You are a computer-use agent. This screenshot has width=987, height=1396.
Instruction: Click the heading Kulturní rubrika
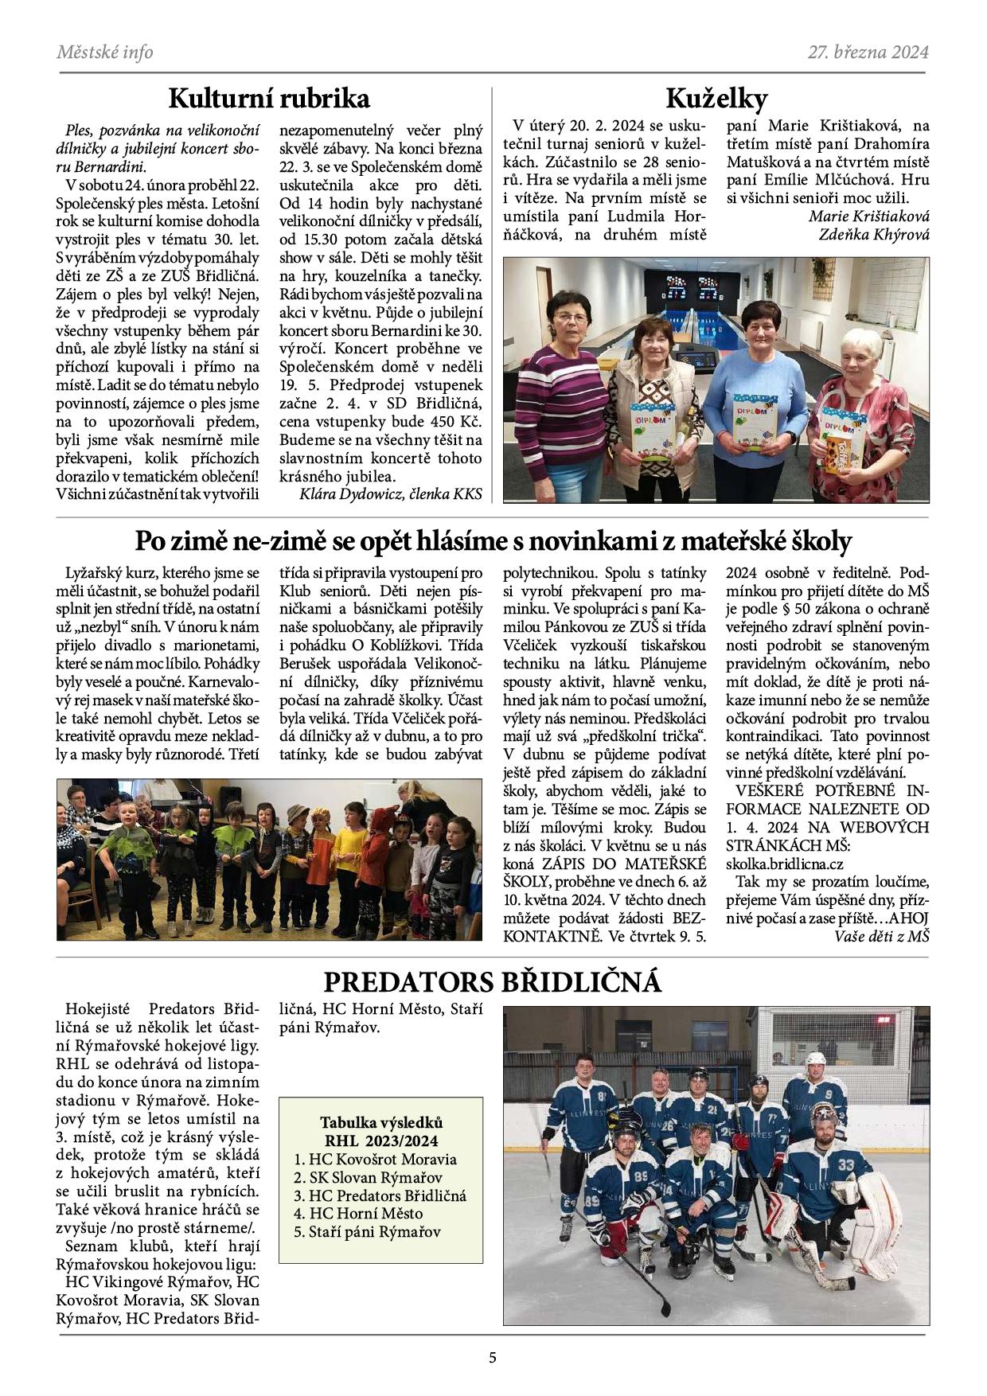click(x=269, y=99)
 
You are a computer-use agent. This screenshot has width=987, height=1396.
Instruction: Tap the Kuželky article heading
click(x=716, y=99)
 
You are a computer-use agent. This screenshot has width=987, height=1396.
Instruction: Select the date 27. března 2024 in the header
click(x=868, y=53)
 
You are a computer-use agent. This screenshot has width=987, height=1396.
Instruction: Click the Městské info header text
click(x=105, y=53)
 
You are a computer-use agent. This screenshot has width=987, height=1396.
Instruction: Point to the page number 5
click(x=493, y=1358)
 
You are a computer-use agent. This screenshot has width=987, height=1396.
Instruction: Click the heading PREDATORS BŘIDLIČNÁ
click(x=492, y=982)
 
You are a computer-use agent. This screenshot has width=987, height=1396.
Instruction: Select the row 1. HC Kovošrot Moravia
click(x=375, y=1159)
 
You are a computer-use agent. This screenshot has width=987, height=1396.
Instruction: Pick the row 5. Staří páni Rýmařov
click(x=367, y=1232)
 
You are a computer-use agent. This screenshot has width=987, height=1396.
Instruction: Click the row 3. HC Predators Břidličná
click(x=380, y=1195)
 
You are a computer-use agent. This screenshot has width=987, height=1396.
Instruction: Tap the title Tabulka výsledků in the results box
click(x=380, y=1123)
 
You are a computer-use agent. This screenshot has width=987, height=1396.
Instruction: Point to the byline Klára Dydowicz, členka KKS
click(x=391, y=494)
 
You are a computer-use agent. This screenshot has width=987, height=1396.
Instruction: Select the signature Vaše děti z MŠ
click(x=882, y=937)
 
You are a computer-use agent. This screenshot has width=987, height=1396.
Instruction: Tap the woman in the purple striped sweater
click(x=560, y=390)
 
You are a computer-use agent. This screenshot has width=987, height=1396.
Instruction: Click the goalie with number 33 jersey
click(x=828, y=1178)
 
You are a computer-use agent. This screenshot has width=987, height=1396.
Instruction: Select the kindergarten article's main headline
click(x=492, y=541)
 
